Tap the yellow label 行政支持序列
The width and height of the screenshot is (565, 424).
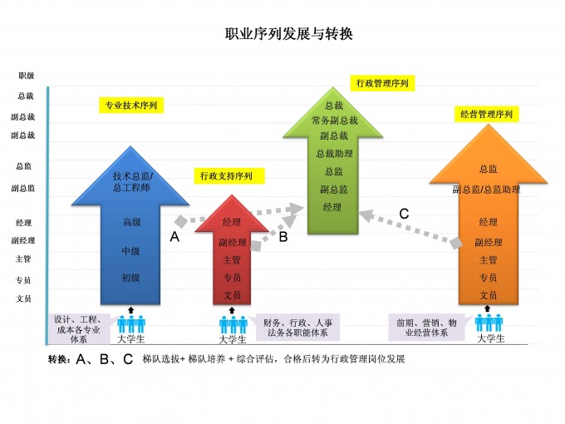point(226,175)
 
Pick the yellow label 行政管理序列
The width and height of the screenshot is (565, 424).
point(382,83)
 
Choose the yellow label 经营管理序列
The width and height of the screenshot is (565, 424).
point(487,114)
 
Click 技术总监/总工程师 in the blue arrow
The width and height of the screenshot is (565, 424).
point(132,181)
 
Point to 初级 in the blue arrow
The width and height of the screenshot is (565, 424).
point(132,277)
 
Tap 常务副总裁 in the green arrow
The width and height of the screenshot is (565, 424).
point(334,121)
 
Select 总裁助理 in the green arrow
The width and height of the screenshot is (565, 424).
point(334,153)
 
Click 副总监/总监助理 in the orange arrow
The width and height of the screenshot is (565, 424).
point(487,190)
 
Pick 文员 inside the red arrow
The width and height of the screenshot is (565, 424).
point(232,295)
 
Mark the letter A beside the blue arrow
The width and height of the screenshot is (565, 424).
point(174,237)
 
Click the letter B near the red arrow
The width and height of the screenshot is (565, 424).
point(283,237)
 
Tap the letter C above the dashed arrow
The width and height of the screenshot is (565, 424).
point(404,214)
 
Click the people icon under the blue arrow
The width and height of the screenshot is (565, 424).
point(130,322)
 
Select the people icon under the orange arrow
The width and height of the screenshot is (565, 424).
point(489,322)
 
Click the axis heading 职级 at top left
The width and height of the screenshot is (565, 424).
point(26,76)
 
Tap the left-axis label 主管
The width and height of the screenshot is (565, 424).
point(24,259)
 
